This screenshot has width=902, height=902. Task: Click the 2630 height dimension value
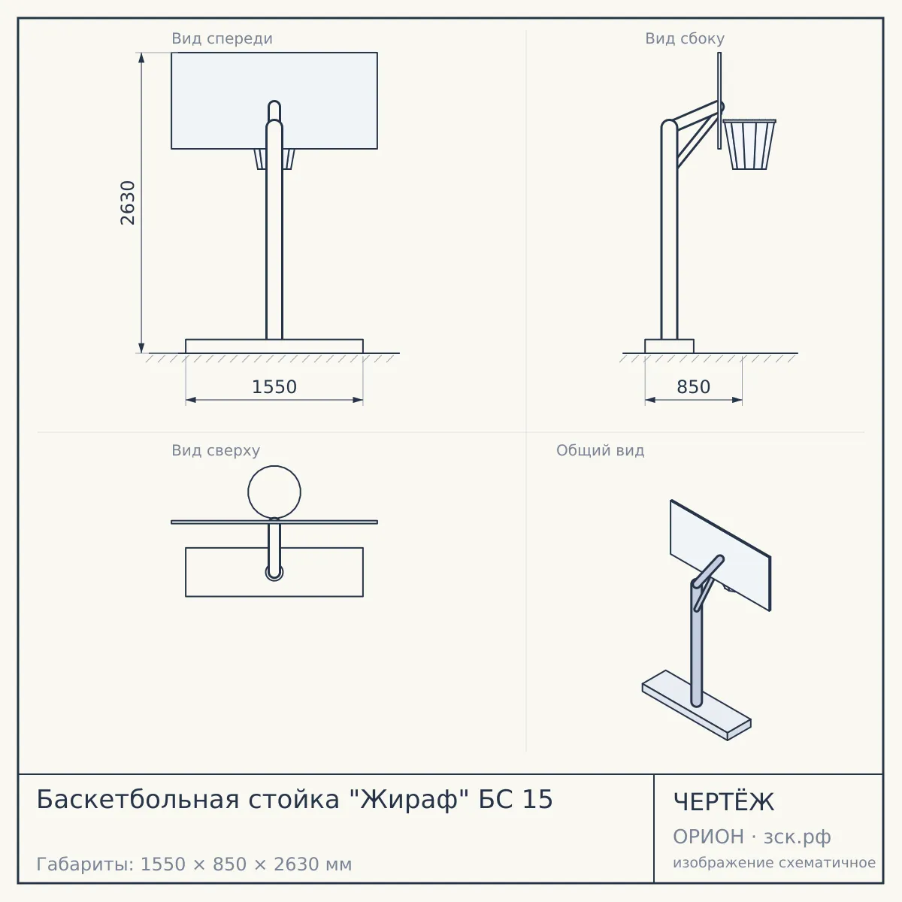coord(127,203)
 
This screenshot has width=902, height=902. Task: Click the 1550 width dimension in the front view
coord(274,387)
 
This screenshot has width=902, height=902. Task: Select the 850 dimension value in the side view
coord(693,387)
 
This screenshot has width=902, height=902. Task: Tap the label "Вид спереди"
coord(222,38)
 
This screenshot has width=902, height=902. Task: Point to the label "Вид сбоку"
coord(684,38)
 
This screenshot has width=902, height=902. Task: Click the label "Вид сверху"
coord(215,450)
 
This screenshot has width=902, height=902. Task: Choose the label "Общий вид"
coord(600,450)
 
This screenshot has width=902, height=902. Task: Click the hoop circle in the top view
coord(274,466)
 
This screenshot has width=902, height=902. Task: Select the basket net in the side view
coord(749,144)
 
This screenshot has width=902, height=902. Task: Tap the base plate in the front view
coord(274,347)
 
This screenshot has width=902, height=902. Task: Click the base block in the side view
coord(670,347)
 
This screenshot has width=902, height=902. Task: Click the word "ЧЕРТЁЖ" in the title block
coord(724,802)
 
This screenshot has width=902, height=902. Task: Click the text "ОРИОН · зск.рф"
coord(752,837)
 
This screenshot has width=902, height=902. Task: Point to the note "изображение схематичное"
coord(774,862)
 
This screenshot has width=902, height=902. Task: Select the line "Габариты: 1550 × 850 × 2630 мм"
coord(194,864)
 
